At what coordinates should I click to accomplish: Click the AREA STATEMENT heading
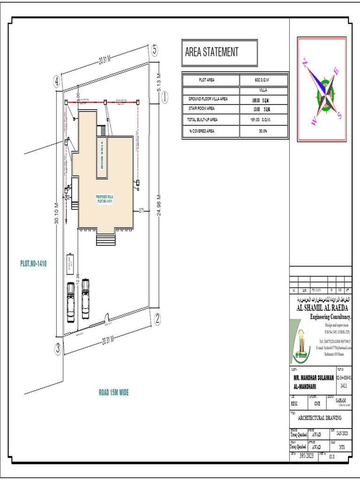(x=212, y=52)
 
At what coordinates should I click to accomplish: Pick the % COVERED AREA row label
(x=202, y=131)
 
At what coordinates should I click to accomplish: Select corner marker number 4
(x=57, y=82)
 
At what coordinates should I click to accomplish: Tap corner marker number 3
(x=58, y=348)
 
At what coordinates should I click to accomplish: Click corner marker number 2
(x=157, y=319)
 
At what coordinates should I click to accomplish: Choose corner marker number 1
(x=165, y=97)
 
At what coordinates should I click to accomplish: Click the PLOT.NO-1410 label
(x=33, y=264)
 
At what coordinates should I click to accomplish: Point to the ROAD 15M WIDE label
(x=113, y=392)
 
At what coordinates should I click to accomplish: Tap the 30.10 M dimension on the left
(x=56, y=214)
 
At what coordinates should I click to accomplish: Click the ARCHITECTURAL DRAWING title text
(x=320, y=418)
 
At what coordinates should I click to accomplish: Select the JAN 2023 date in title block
(x=339, y=433)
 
